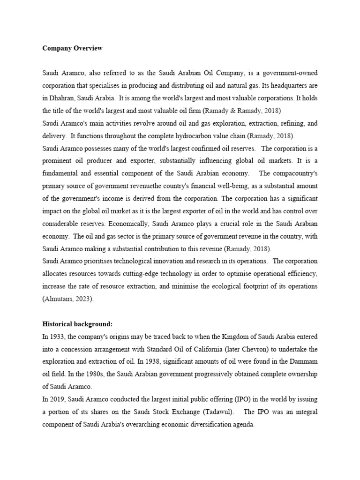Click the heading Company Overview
pos(72,48)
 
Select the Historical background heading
pos(77,311)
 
